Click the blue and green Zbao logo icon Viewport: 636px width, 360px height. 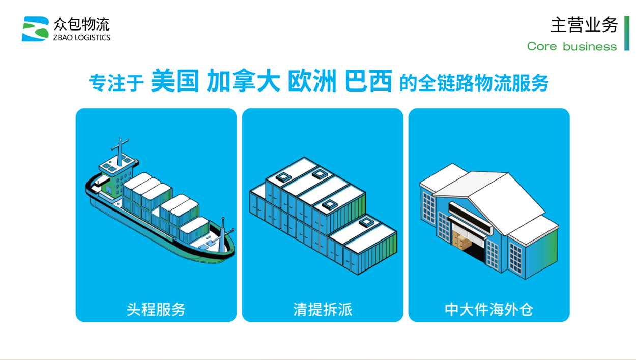[x=36, y=28]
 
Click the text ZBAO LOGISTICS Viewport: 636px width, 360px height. [x=82, y=38]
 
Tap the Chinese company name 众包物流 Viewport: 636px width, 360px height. [x=81, y=24]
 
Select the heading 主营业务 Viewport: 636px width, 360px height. [x=584, y=25]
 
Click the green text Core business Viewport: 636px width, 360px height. [x=572, y=46]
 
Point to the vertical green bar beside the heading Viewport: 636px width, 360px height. [x=627, y=33]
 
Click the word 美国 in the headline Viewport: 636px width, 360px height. [x=175, y=81]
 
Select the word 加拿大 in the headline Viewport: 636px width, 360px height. [x=244, y=81]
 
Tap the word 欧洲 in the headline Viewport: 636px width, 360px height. [x=312, y=81]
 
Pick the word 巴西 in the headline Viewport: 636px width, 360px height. [x=368, y=81]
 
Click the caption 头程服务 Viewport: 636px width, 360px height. [x=156, y=309]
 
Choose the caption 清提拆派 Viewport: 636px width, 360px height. [x=323, y=309]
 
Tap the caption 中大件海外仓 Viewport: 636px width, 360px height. [x=489, y=309]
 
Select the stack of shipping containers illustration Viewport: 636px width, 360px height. [x=323, y=216]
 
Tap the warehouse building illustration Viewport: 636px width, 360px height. [x=489, y=221]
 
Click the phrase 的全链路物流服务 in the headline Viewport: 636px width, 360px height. [x=474, y=83]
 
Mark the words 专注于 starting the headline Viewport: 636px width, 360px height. [x=117, y=83]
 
